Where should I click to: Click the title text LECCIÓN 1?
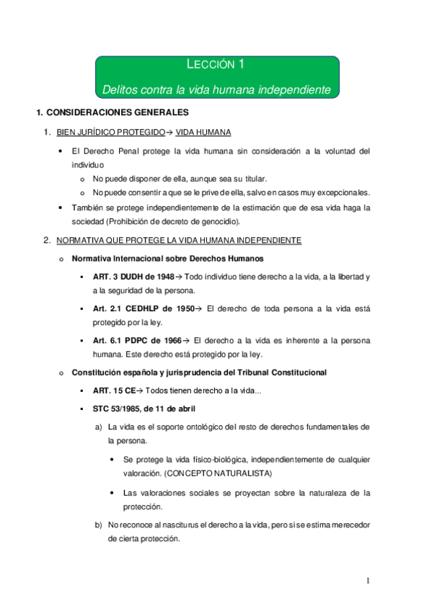(216, 65)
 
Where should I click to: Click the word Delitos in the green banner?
(120, 89)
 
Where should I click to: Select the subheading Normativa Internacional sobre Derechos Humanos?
(167, 258)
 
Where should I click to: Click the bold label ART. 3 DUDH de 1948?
(133, 277)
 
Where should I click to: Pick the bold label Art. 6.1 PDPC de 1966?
(137, 339)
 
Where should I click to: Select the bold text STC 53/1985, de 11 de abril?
(144, 409)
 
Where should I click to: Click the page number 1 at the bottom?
(367, 581)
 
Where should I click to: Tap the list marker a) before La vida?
(99, 427)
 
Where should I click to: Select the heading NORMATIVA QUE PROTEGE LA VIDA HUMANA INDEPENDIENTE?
(179, 239)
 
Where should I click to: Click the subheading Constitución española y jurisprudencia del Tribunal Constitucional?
(199, 372)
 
